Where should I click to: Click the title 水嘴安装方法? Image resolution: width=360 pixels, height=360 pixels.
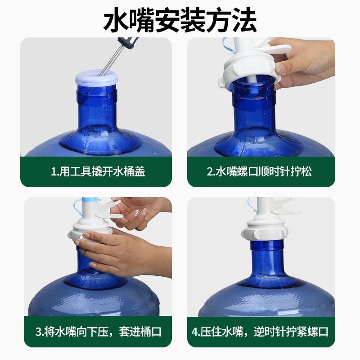pos(180,20)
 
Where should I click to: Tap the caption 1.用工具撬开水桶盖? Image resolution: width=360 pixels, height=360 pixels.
pos(98,171)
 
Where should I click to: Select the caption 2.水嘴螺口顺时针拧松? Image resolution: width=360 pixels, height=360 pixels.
pos(259,171)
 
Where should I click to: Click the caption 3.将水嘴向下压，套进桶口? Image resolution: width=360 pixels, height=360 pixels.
pos(99,332)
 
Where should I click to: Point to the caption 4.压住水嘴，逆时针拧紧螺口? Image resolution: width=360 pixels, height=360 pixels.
pos(260,332)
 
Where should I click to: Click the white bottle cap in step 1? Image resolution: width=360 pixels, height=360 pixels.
pos(97,77)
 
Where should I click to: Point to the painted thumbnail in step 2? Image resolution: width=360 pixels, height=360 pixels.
pos(279,69)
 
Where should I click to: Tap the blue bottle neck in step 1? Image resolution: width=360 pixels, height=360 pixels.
pos(97,108)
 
